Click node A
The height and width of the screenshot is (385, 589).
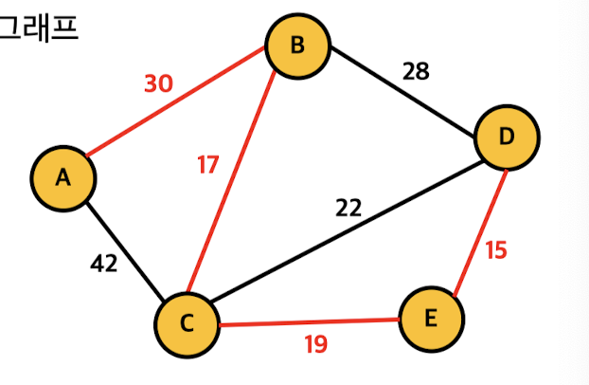(x=62, y=177)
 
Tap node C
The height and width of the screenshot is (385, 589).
(x=187, y=325)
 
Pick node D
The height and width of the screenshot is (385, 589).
(x=507, y=137)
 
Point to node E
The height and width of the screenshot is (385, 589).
(x=432, y=319)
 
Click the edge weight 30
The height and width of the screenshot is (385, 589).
(x=158, y=83)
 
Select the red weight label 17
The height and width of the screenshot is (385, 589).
(x=207, y=165)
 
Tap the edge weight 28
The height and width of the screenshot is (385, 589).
(x=415, y=71)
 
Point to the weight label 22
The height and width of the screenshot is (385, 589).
(x=348, y=207)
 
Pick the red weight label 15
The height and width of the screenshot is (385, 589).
(x=496, y=250)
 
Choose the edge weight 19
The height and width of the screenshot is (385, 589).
(x=315, y=344)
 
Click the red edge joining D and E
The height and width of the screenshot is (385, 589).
(x=478, y=232)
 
